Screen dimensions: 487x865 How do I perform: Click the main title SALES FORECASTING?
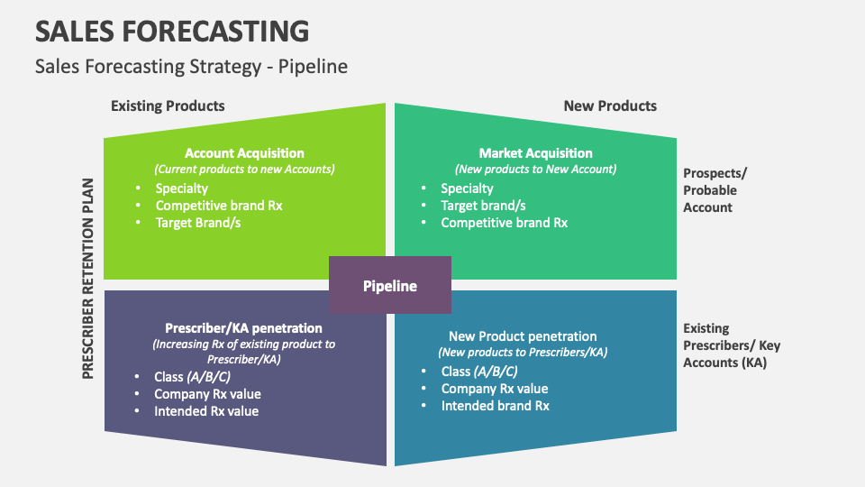tap(171, 31)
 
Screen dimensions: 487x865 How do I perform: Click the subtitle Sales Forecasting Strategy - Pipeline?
tap(191, 67)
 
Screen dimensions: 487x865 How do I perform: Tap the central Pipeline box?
tap(389, 286)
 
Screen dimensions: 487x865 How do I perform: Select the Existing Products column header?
tap(168, 106)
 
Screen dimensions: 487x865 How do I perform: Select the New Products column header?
tap(610, 106)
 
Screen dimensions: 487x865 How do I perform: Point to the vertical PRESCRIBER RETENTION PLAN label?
tap(88, 277)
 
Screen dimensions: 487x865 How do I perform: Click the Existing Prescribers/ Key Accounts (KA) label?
tap(732, 345)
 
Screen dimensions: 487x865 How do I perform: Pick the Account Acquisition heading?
tap(244, 153)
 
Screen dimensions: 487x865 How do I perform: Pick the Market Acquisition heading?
tap(535, 153)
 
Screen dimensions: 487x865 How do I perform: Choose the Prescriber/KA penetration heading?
tap(243, 328)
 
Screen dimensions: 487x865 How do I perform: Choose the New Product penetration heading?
tap(523, 336)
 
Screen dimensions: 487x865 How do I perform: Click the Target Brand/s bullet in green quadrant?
tap(197, 222)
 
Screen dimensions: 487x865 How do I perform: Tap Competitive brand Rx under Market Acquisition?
tap(504, 222)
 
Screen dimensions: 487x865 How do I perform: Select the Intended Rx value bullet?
tap(206, 411)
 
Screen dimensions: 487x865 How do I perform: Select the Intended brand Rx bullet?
tap(495, 406)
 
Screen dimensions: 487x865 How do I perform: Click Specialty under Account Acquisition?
tap(181, 188)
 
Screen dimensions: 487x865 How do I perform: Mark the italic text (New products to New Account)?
tap(535, 169)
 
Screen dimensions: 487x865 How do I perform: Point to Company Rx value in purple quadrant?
tap(207, 394)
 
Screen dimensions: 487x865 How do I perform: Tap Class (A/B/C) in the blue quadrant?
tap(478, 372)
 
